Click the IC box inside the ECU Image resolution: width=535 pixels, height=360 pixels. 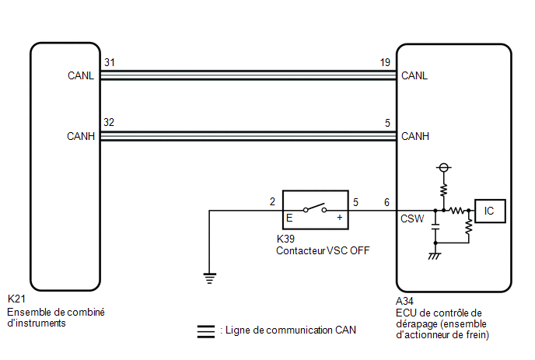pyautogui.click(x=490, y=211)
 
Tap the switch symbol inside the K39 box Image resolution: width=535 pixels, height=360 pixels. pyautogui.click(x=315, y=208)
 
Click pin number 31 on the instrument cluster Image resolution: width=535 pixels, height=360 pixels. pyautogui.click(x=110, y=62)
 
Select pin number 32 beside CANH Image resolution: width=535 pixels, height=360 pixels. pyautogui.click(x=109, y=122)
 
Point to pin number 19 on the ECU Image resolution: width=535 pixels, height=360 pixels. pyautogui.click(x=385, y=62)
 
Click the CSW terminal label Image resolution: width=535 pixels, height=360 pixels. pyautogui.click(x=412, y=218)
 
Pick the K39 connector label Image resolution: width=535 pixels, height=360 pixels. pyautogui.click(x=285, y=239)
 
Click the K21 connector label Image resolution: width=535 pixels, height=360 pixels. pyautogui.click(x=16, y=299)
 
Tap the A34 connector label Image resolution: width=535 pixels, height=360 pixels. pyautogui.click(x=404, y=301)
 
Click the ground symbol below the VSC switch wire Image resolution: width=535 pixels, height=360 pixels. pyautogui.click(x=209, y=278)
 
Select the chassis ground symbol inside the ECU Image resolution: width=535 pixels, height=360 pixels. pyautogui.click(x=435, y=256)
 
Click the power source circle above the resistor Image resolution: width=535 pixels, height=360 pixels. pyautogui.click(x=443, y=167)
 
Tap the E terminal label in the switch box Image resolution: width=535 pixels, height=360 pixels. pyautogui.click(x=289, y=218)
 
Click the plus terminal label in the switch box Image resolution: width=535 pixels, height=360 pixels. pyautogui.click(x=340, y=218)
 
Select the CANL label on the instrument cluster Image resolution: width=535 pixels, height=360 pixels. pyautogui.click(x=81, y=75)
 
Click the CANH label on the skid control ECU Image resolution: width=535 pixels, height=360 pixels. pyautogui.click(x=415, y=136)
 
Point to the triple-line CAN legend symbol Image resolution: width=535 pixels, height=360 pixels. pyautogui.click(x=206, y=331)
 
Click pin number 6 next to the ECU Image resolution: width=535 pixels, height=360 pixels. pyautogui.click(x=386, y=202)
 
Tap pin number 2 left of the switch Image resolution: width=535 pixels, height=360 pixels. pyautogui.click(x=272, y=201)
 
